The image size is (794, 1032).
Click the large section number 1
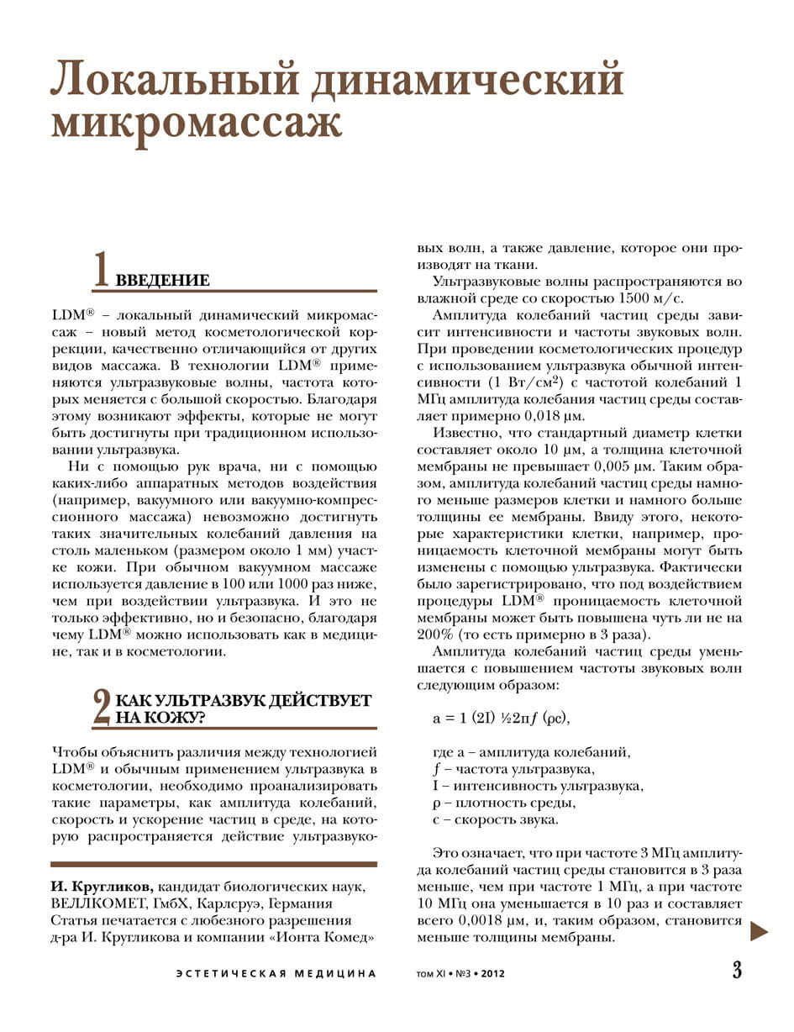[102, 270]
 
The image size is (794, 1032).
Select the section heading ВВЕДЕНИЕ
[162, 280]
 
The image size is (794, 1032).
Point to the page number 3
[736, 971]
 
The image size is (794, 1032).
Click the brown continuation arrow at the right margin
[760, 930]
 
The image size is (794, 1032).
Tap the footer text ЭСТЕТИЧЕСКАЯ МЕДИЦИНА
[276, 973]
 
